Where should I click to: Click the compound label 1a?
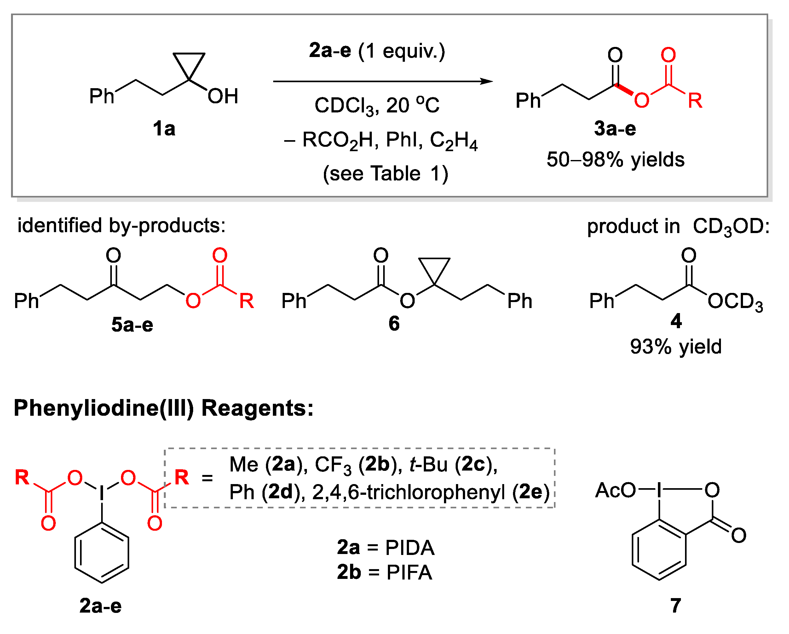(164, 129)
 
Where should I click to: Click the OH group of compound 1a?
(223, 96)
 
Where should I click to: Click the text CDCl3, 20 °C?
(377, 106)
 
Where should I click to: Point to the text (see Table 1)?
(385, 174)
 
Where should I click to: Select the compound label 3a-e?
(615, 129)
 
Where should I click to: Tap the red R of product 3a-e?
(694, 100)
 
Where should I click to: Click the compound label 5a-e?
(132, 325)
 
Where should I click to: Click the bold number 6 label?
(394, 324)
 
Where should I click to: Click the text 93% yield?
(676, 346)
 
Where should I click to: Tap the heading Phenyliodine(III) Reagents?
(164, 408)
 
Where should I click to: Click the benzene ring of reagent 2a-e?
(102, 553)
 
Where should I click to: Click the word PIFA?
(409, 573)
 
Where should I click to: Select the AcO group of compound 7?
(615, 490)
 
